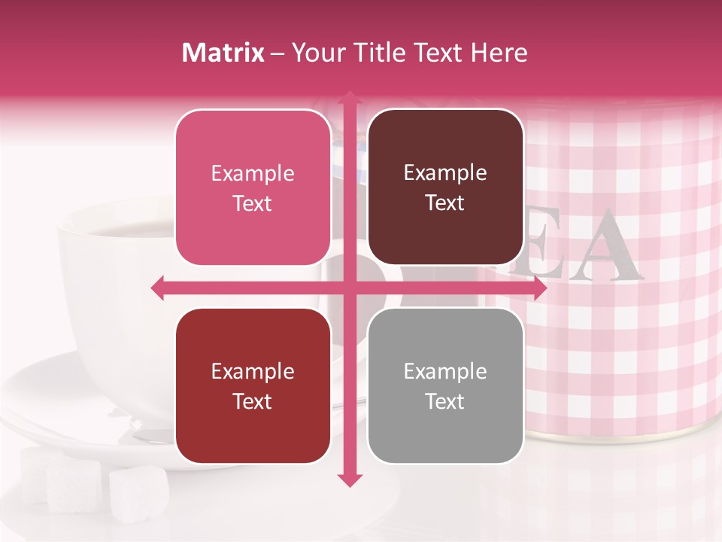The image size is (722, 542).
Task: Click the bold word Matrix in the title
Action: point(223,53)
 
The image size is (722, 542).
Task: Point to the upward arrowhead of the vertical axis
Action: point(349,99)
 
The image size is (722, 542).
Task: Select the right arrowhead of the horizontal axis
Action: point(538,288)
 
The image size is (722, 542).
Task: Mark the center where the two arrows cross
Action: point(349,288)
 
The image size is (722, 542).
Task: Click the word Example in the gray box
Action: point(445,371)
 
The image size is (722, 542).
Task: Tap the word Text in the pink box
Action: point(253,203)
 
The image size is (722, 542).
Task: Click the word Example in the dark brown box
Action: point(445,173)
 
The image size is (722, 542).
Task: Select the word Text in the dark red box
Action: point(253,401)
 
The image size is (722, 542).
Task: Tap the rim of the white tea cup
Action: point(113,215)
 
